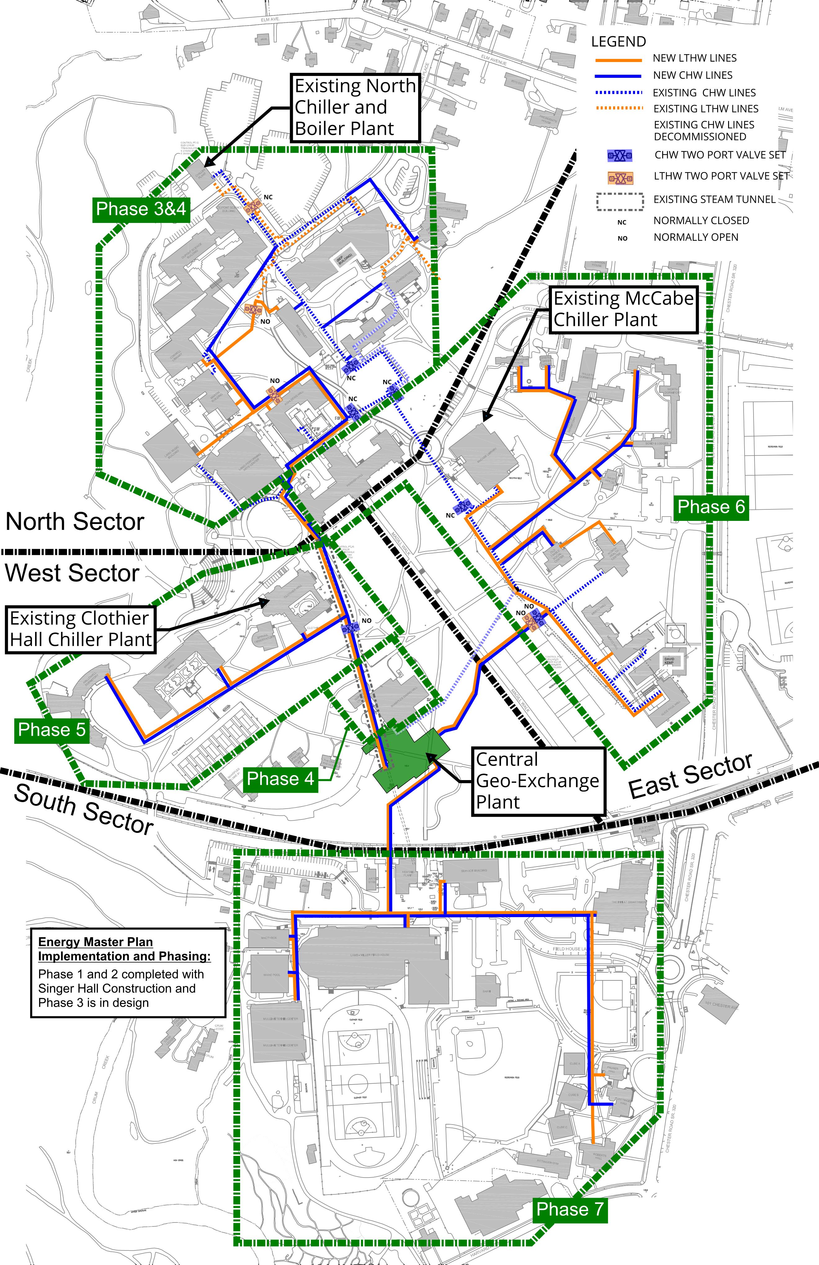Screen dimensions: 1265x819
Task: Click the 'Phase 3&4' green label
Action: pos(141,209)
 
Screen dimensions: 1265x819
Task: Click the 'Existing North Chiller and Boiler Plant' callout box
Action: pos(355,107)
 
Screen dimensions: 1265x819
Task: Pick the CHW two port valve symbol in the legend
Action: pos(620,156)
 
